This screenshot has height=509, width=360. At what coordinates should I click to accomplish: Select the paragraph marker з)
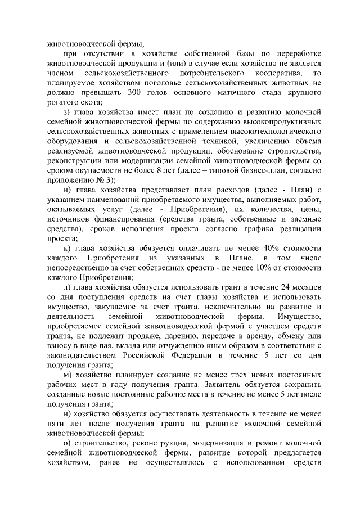66,112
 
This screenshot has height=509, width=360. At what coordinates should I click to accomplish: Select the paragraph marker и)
66,191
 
